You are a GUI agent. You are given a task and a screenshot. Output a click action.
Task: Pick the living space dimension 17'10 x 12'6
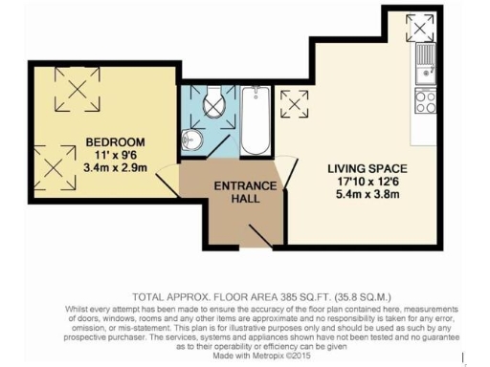pos(354,180)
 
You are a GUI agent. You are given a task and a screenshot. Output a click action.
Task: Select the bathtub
pos(256,122)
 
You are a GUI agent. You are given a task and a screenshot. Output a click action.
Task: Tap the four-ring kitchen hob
pos(425,99)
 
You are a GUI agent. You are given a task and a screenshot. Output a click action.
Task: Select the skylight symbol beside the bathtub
pos(294,100)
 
